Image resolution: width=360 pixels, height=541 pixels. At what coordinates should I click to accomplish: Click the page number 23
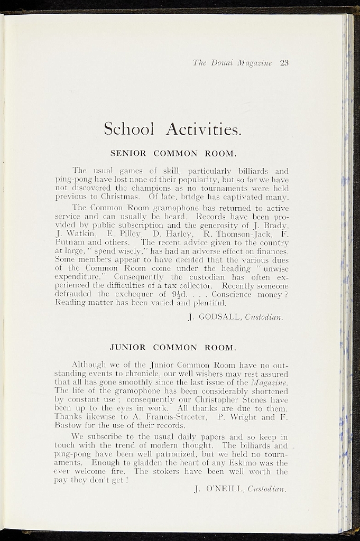[284, 63]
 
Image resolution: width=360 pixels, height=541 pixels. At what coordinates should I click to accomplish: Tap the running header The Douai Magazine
[232, 63]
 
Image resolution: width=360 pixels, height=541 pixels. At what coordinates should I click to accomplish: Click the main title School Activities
[172, 128]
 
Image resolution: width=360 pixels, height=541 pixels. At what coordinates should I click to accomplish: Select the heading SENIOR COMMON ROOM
[172, 153]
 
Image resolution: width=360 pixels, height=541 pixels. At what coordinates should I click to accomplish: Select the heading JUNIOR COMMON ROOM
[172, 348]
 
